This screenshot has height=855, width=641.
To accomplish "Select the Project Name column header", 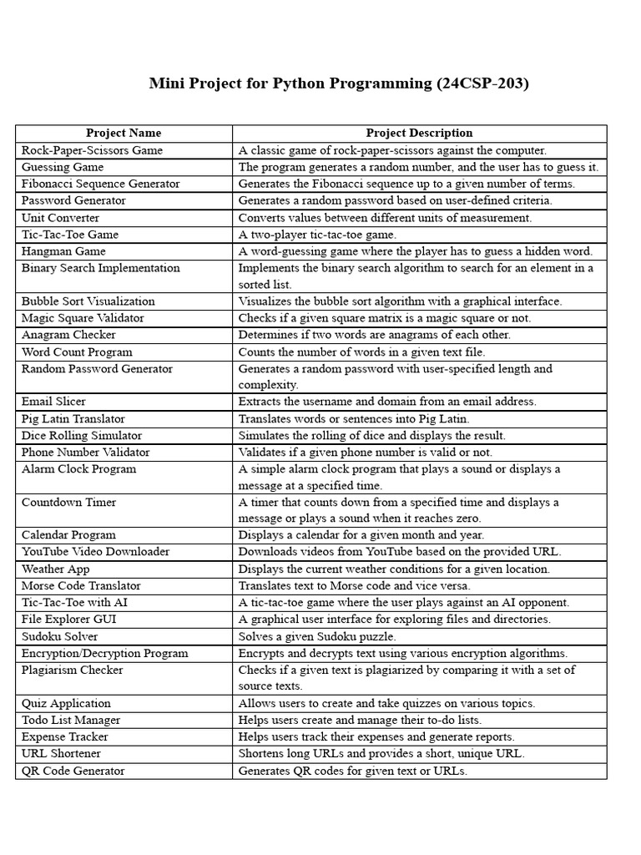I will [124, 133].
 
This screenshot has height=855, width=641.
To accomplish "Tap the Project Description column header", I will [419, 133].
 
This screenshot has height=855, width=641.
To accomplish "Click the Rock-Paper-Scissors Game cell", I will [93, 150].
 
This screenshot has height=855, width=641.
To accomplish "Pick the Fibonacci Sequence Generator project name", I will [101, 184].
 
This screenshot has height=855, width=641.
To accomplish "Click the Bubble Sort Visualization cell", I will [88, 301].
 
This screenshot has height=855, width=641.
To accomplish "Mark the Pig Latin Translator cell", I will [73, 418].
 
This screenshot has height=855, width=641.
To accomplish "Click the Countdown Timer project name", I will [69, 503].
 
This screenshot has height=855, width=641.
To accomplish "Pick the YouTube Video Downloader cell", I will [95, 552].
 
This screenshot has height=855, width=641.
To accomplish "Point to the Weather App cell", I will [56, 569].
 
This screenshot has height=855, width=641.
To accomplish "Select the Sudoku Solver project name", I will [60, 636].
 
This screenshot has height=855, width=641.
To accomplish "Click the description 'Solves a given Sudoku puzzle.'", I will [322, 636].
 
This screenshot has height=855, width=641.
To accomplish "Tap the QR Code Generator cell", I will [73, 771].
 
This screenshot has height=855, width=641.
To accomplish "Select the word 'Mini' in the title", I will [166, 83].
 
